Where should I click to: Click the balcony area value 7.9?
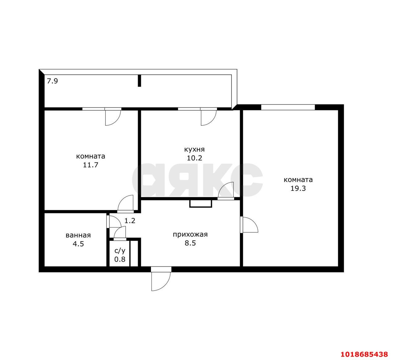52,81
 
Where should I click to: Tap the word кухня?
194,149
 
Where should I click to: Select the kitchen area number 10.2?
194,158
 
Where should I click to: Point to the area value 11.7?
90,165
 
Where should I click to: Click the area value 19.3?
298,188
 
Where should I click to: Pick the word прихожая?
190,235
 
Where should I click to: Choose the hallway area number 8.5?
190,243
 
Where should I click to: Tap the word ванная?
78,235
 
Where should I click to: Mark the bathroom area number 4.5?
78,244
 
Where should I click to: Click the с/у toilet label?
120,251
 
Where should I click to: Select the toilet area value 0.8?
120,259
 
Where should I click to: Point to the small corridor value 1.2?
130,221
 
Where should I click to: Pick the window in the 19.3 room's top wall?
288,107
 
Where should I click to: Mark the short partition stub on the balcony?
139,81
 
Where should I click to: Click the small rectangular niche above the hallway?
201,204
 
